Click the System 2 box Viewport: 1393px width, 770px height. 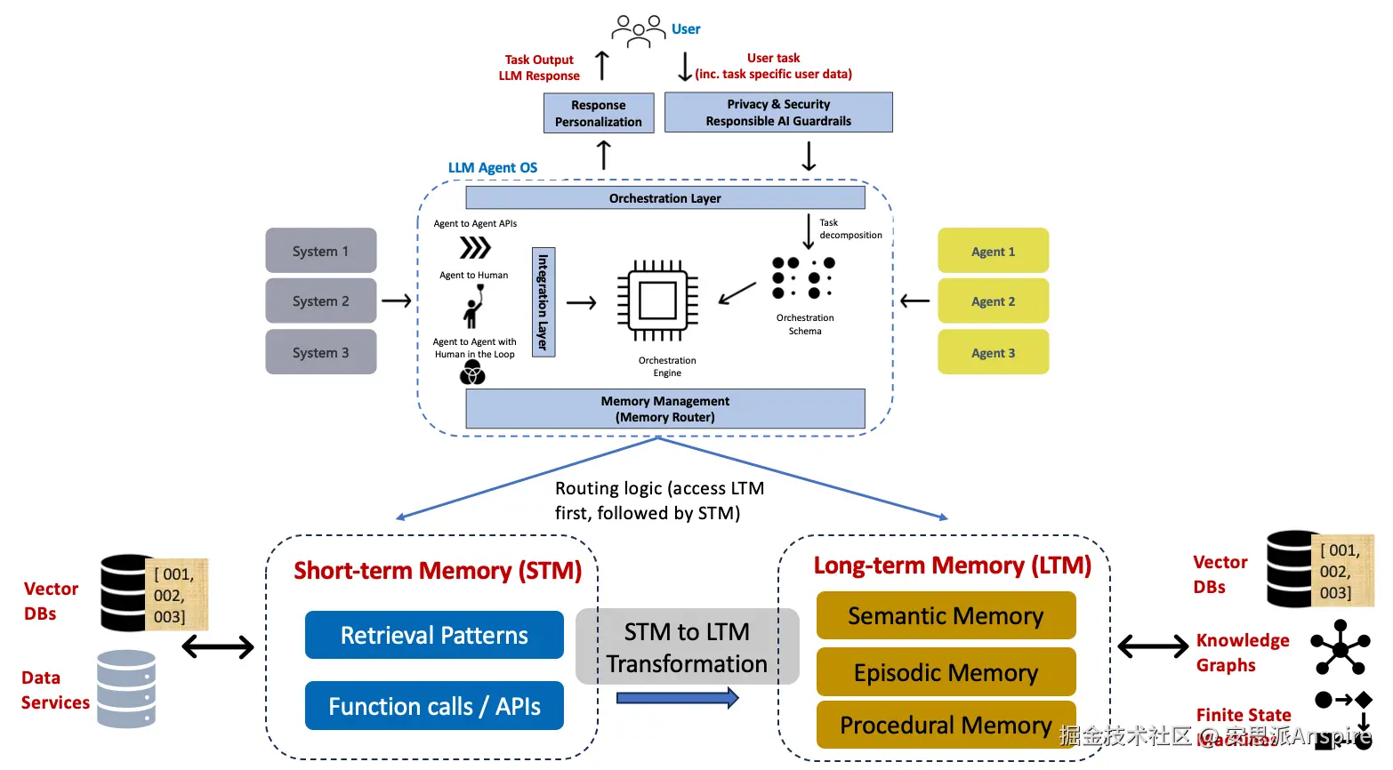click(320, 301)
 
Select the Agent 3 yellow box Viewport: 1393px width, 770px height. click(993, 353)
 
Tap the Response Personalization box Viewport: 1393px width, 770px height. click(599, 114)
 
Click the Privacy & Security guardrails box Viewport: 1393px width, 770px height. click(778, 113)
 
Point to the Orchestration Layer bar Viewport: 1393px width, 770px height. click(664, 197)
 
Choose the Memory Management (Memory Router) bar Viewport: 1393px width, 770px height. click(664, 409)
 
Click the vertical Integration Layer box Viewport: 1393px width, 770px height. click(544, 302)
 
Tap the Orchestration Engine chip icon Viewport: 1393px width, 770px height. click(657, 301)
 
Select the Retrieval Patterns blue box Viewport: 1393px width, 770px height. click(434, 635)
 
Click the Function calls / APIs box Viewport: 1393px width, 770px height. click(434, 706)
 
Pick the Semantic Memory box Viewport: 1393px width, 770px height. click(946, 616)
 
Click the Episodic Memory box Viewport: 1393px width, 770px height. click(946, 672)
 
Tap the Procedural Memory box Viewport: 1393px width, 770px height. click(946, 726)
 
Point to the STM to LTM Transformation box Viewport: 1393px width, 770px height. click(687, 647)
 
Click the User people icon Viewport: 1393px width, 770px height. click(638, 30)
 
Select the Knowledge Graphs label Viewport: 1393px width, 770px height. click(1242, 653)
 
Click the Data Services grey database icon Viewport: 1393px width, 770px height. click(126, 688)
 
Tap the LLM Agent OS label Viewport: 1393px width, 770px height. click(493, 168)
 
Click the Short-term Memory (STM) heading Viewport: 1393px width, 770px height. click(438, 571)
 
